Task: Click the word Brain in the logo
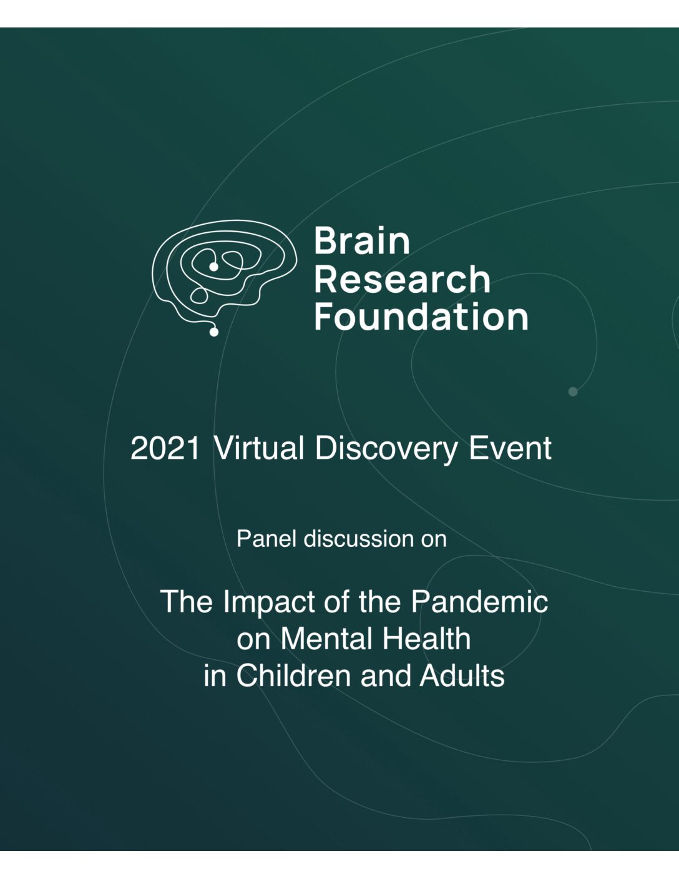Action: click(362, 241)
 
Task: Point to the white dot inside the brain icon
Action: click(214, 267)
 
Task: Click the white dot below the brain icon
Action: click(214, 332)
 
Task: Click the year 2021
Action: click(165, 449)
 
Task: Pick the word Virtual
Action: click(258, 448)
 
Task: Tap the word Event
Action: click(510, 448)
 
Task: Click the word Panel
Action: click(267, 539)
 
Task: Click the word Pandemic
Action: click(479, 602)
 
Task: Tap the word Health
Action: click(426, 639)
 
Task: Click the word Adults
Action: click(462, 676)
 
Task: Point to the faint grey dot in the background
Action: click(573, 391)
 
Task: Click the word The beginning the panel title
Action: click(186, 602)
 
